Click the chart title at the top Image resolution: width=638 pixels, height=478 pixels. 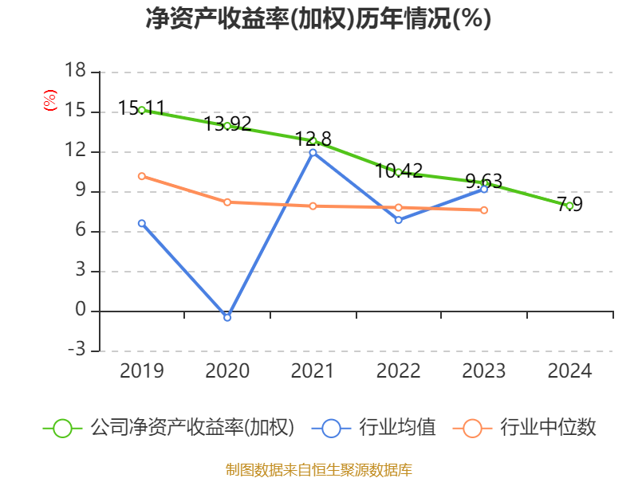[318, 19]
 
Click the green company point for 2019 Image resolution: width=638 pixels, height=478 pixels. [142, 110]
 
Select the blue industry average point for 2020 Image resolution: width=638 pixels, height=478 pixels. [227, 317]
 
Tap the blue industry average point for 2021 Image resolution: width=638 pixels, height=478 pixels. [313, 152]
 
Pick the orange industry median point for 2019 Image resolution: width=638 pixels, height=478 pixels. [142, 176]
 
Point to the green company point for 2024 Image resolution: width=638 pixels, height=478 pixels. [569, 206]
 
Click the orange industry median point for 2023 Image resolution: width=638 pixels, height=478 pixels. [484, 210]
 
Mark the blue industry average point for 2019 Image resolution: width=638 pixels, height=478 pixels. [142, 223]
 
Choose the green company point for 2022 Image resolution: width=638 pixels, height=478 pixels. [398, 172]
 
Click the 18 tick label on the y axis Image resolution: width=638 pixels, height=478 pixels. [75, 72]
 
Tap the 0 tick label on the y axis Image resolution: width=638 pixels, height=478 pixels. [80, 311]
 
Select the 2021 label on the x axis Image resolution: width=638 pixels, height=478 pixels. [313, 371]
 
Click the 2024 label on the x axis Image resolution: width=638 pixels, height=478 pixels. [569, 371]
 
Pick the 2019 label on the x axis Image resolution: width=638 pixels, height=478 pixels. [142, 371]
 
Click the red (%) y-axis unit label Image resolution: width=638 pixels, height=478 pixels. [49, 101]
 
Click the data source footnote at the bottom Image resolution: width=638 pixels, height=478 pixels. [318, 469]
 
